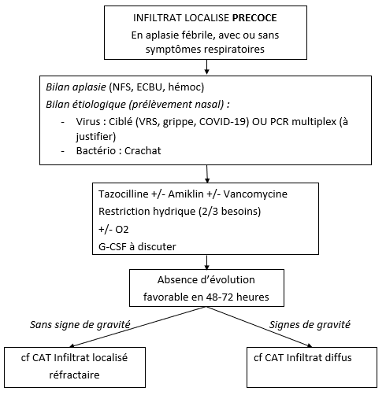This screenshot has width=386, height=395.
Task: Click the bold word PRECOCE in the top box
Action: (254, 18)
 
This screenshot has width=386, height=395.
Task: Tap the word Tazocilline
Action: (124, 194)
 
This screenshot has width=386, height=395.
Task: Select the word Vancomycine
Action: (255, 194)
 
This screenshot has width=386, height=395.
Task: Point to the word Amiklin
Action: (186, 194)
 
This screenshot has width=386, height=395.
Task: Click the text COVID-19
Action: (224, 122)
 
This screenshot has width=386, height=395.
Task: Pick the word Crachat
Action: (143, 151)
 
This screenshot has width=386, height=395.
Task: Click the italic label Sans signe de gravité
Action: (80, 325)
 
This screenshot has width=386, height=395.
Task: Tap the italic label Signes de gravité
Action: (310, 325)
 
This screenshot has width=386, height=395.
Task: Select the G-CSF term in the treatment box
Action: (113, 247)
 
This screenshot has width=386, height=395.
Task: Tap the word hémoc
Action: (184, 87)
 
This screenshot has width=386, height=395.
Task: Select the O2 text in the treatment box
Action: (121, 230)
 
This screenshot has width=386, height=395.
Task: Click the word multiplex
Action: (314, 122)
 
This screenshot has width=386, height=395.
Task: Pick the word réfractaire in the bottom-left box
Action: (74, 375)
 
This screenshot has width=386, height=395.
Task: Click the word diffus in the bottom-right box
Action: (338, 357)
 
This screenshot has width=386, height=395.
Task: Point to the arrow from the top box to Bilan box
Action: (206, 67)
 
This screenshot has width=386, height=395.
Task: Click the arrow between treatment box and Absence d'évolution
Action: (206, 262)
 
